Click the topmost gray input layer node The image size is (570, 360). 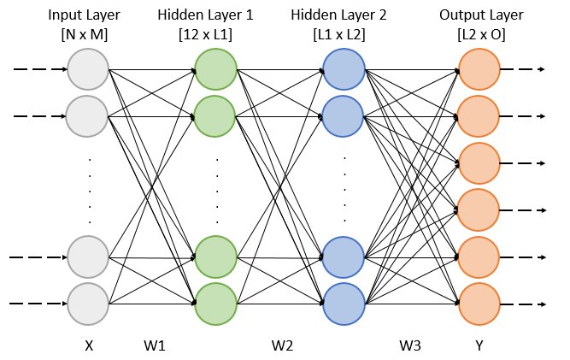[x=88, y=69]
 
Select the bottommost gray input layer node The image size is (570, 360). [x=88, y=303]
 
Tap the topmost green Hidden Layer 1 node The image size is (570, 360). [x=215, y=69]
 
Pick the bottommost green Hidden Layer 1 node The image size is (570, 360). [x=215, y=303]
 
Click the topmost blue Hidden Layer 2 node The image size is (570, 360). [x=344, y=69]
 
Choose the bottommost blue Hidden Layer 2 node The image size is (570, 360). [x=344, y=303]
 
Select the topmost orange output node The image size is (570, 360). [x=479, y=69]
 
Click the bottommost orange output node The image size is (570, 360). [x=479, y=303]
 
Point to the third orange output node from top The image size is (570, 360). [x=479, y=162]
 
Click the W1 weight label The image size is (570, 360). [x=156, y=346]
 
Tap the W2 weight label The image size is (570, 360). [x=282, y=346]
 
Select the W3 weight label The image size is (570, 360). [x=411, y=346]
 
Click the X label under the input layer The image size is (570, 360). [x=88, y=346]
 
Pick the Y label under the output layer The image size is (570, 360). [x=479, y=346]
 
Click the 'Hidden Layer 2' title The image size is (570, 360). [x=344, y=15]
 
